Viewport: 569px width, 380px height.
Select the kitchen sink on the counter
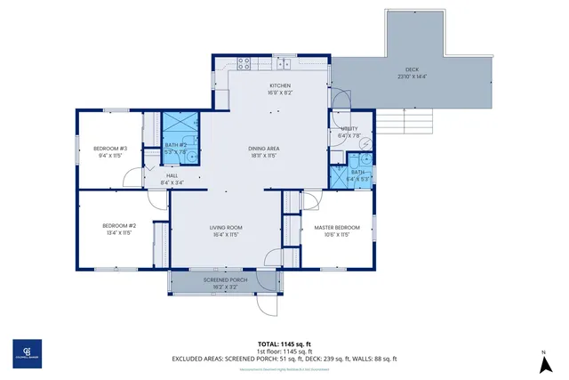(x=284, y=63)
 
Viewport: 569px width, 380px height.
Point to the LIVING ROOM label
(x=226, y=228)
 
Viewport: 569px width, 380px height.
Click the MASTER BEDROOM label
(x=337, y=228)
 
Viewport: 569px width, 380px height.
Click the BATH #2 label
(x=175, y=145)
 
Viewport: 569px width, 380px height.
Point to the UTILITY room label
(x=349, y=129)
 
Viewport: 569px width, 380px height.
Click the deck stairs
(x=414, y=121)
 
